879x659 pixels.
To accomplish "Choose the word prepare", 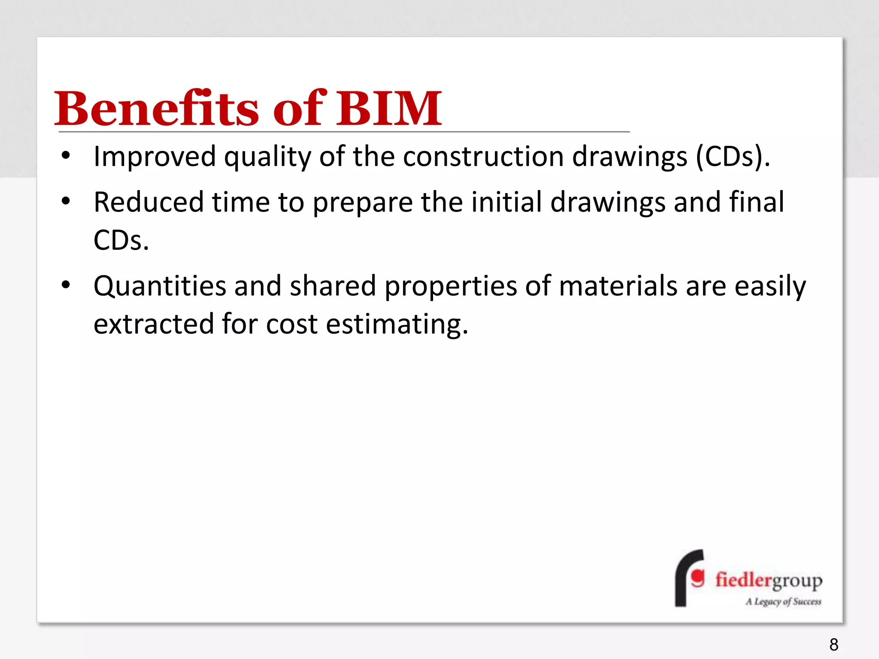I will (x=362, y=203).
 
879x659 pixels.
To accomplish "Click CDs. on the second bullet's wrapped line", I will (x=121, y=240).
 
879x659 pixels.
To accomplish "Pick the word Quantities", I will (x=160, y=286).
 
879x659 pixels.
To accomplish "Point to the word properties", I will (x=450, y=287).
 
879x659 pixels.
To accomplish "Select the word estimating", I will (x=397, y=324).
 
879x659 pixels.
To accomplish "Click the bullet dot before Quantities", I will (x=65, y=285).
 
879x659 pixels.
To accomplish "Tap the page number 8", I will (x=834, y=644).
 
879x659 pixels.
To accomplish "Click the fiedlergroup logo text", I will (x=768, y=580).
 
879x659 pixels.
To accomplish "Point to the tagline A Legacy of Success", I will (x=783, y=602).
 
